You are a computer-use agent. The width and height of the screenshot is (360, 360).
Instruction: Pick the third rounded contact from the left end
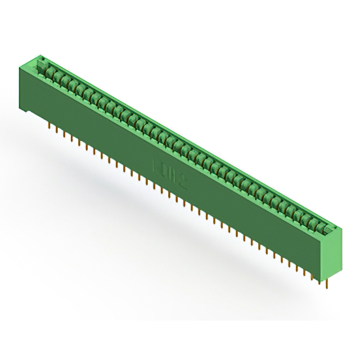pyautogui.click(x=65, y=80)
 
